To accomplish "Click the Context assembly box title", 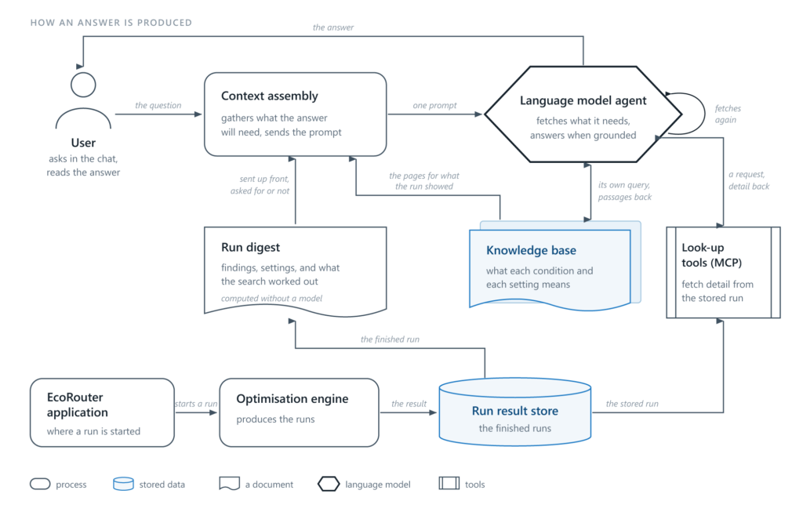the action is click(x=270, y=96).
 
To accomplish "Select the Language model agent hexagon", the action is click(x=583, y=114).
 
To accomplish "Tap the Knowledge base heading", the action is click(x=531, y=250).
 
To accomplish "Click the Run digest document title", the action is click(x=250, y=247).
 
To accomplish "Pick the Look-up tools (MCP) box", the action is click(x=723, y=272).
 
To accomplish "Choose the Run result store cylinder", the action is click(x=515, y=412).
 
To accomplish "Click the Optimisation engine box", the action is click(x=299, y=412).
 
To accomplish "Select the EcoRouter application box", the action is click(x=103, y=412).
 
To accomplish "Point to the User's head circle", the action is click(x=83, y=85).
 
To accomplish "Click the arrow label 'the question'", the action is click(x=158, y=105).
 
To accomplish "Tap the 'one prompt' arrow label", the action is click(x=434, y=105).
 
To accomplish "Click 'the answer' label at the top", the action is click(x=332, y=27).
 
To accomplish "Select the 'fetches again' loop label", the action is click(x=728, y=114).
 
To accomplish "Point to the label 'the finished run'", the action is click(x=390, y=339).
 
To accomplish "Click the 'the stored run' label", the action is click(x=632, y=404).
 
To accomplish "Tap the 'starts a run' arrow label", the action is click(x=196, y=404).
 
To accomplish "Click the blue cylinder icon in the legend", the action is click(x=123, y=484).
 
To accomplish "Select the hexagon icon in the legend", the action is click(x=329, y=484).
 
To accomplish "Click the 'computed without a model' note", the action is click(x=271, y=298).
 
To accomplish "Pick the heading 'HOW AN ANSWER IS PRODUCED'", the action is click(x=111, y=23).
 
